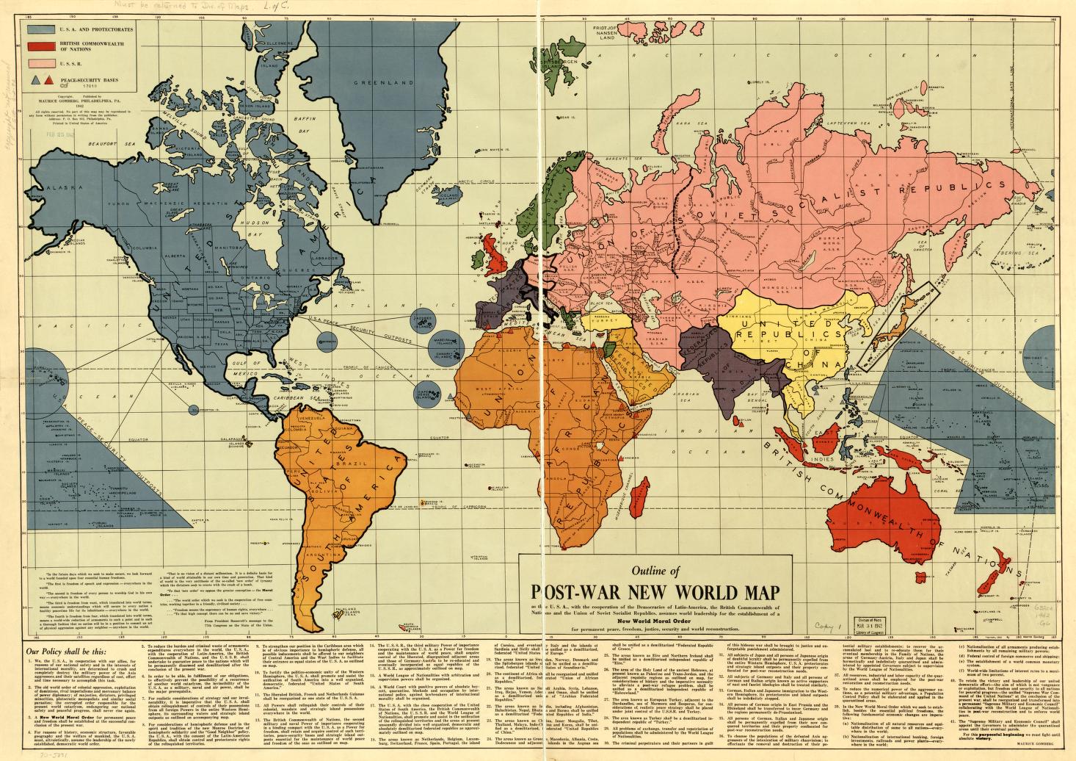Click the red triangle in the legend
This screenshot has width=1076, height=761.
[x=48, y=77]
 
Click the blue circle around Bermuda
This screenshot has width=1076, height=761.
[x=329, y=339]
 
